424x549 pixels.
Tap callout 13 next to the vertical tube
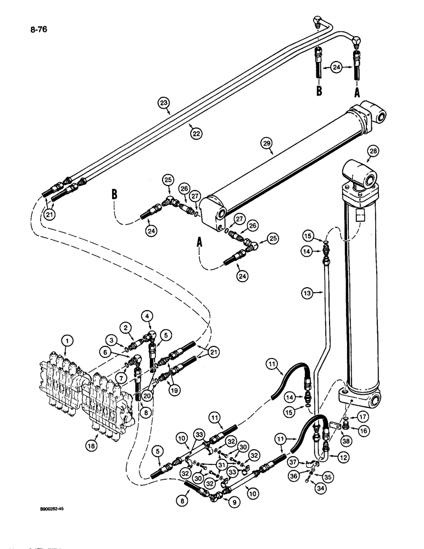tap(308, 294)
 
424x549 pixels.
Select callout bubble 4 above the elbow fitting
tap(147, 316)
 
